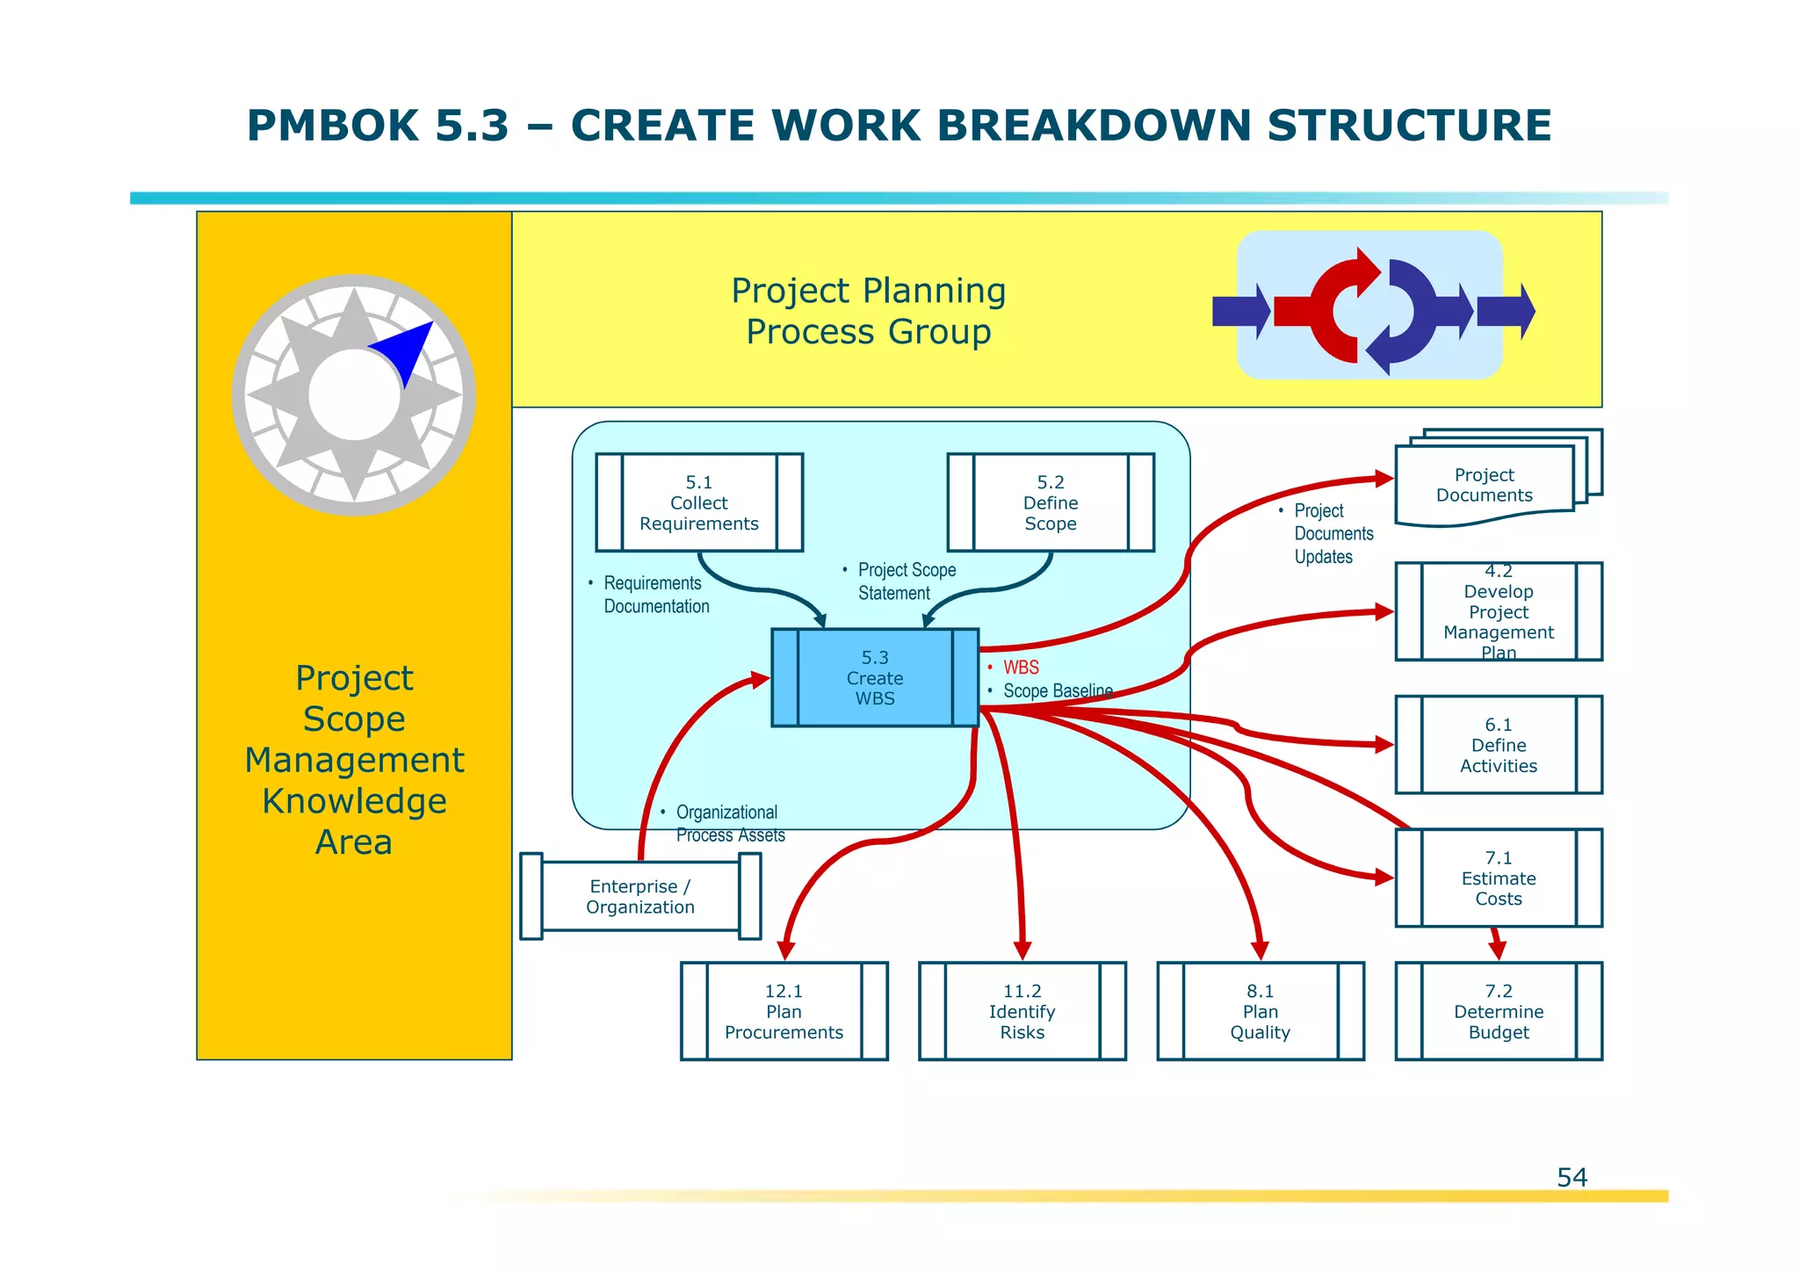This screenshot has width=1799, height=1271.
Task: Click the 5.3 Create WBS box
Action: tap(875, 677)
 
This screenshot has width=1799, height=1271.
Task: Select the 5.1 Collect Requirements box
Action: tap(699, 502)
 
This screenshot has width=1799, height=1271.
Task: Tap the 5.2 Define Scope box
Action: tap(1051, 502)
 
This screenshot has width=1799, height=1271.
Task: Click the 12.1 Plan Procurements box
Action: tap(784, 1011)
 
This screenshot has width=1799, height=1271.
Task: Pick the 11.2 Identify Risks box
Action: tap(1022, 1011)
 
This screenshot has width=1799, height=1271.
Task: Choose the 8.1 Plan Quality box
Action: tap(1261, 1011)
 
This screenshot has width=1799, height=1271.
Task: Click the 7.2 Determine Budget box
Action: tap(1499, 1011)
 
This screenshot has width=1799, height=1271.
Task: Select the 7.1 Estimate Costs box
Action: tap(1499, 877)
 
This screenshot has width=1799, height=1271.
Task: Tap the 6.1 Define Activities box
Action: tap(1499, 745)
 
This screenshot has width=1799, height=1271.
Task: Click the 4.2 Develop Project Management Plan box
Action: tap(1499, 611)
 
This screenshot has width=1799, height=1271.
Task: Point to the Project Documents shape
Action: tap(1485, 485)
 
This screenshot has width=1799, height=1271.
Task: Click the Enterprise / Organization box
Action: tap(640, 897)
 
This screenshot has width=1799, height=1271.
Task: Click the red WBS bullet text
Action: tap(1021, 668)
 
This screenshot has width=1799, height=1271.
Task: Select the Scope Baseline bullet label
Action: tap(1058, 691)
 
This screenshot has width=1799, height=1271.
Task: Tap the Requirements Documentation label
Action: tap(655, 595)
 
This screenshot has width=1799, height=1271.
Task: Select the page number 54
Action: tap(1571, 1177)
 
